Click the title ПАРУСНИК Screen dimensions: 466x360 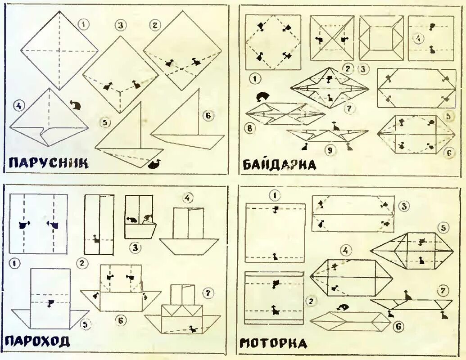[x=48, y=163]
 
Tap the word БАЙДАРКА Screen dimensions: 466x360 [x=279, y=164]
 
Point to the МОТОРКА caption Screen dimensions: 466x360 [x=274, y=344]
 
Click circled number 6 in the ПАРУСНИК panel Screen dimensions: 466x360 [x=208, y=116]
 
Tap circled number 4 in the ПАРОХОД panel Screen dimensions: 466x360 [x=187, y=197]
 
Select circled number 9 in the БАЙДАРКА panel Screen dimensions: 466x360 [x=330, y=151]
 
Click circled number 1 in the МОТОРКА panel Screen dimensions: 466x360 [x=275, y=195]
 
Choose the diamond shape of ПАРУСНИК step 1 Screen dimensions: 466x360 [x=59, y=50]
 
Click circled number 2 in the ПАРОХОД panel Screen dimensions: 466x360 [x=81, y=263]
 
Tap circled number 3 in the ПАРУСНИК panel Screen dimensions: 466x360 [x=120, y=25]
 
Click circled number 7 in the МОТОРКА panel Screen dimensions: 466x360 [x=443, y=290]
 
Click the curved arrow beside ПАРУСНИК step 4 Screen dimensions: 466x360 [x=76, y=105]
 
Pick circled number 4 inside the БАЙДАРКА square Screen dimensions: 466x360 [x=419, y=39]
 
